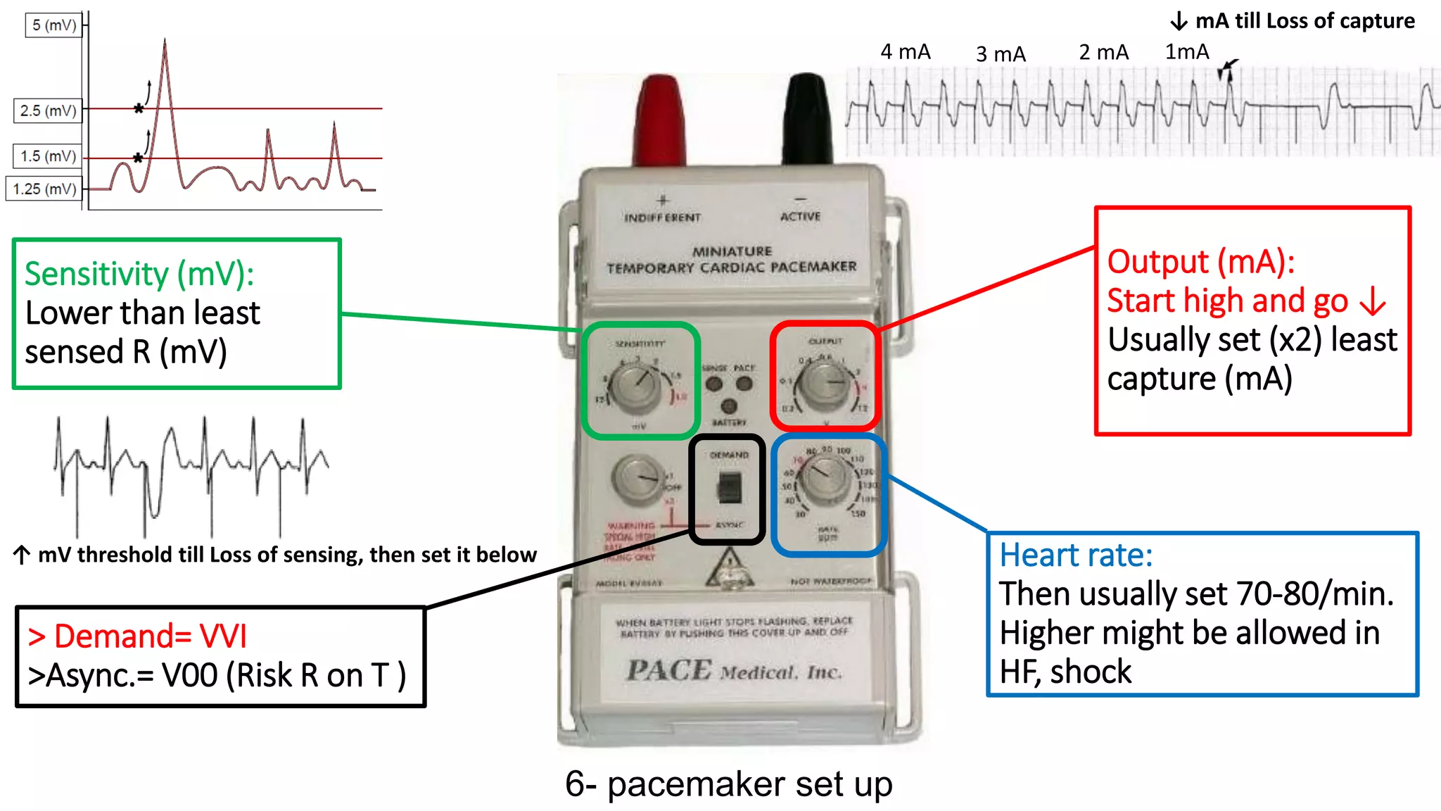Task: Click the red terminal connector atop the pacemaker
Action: (659, 120)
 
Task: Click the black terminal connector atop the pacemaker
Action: (808, 120)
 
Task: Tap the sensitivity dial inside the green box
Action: (635, 386)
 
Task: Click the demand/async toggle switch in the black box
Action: (729, 487)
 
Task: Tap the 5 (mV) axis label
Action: (54, 25)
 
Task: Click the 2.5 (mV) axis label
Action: (48, 111)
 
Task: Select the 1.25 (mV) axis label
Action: (44, 189)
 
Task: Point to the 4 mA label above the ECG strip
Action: (905, 52)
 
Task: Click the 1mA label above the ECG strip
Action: (1186, 52)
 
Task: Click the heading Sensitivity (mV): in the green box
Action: (139, 274)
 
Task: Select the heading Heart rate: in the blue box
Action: (1076, 555)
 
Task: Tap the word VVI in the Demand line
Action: (223, 636)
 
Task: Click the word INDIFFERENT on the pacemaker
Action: (662, 218)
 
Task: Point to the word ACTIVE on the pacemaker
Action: (800, 216)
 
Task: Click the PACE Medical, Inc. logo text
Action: (734, 670)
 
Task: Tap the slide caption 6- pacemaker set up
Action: (728, 784)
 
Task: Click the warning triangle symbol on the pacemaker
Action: (729, 569)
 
